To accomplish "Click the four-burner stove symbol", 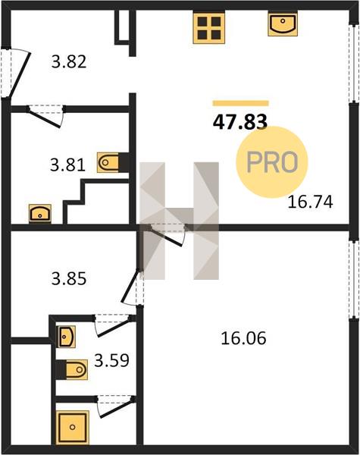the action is tap(209, 28).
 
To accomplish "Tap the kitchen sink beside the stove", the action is tap(282, 24).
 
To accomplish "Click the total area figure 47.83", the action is tap(240, 122).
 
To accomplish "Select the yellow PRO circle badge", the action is tap(271, 162).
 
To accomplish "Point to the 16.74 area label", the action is tap(310, 202).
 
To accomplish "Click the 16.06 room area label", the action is tap(243, 338).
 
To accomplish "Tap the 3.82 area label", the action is tap(69, 62).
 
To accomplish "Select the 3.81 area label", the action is tap(68, 165).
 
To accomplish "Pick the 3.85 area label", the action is tap(69, 278).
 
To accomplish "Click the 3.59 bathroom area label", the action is tap(111, 361).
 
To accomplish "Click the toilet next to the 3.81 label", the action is tap(113, 162).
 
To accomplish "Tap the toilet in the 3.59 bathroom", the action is tap(72, 370).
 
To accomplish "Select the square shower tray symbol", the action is tap(73, 427).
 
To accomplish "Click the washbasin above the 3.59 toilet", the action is tap(67, 337).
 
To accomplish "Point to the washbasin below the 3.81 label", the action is tap(40, 214).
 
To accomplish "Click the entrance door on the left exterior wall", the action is tap(15, 73).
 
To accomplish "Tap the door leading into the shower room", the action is tap(116, 406).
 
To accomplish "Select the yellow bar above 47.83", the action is tap(241, 103).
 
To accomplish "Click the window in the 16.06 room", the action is tap(354, 279).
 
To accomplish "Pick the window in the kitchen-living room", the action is tap(354, 63).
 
